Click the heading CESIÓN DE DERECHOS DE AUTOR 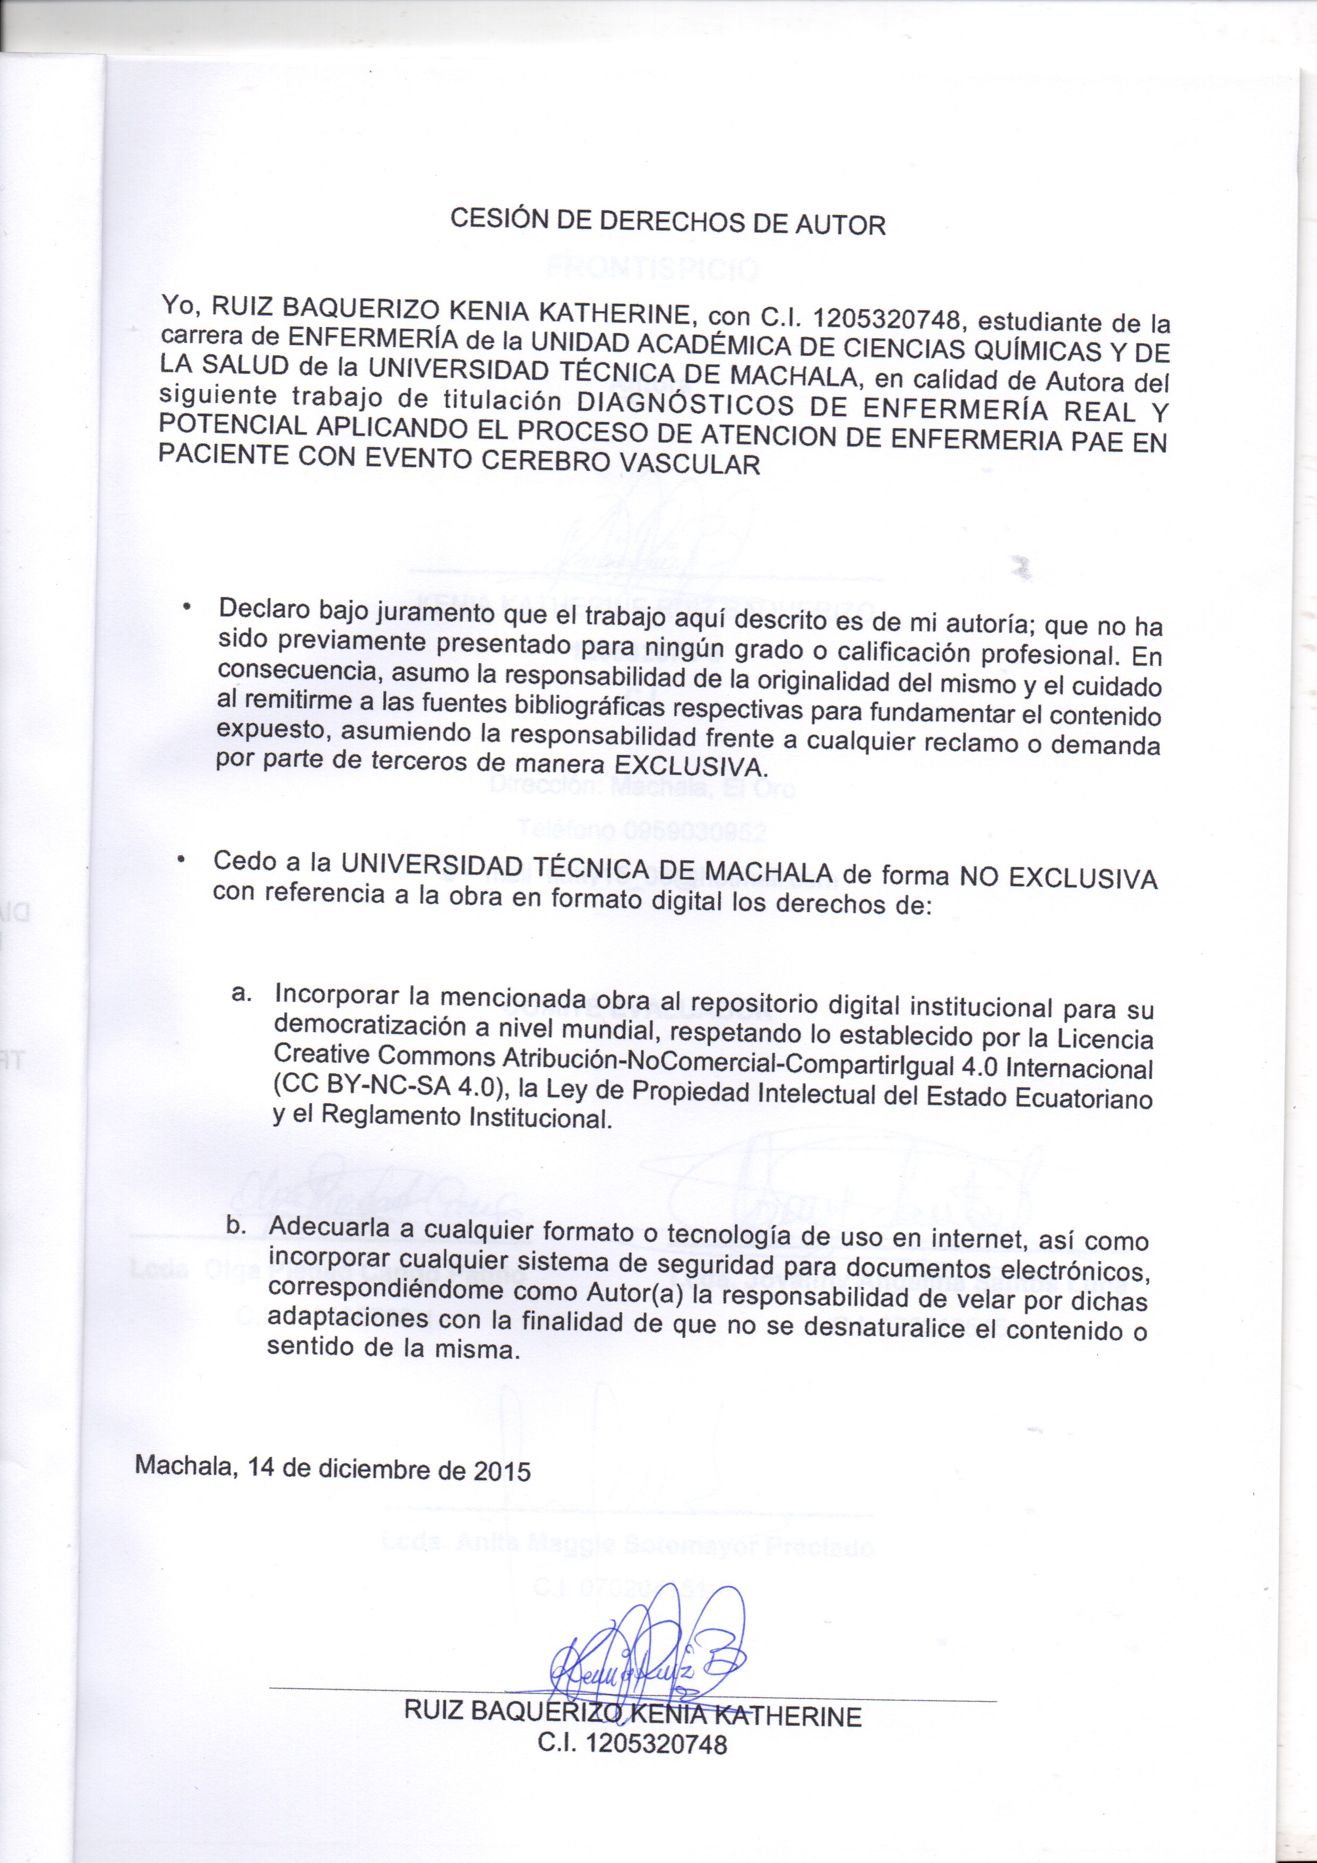click(667, 221)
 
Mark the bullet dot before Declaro click(187, 607)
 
